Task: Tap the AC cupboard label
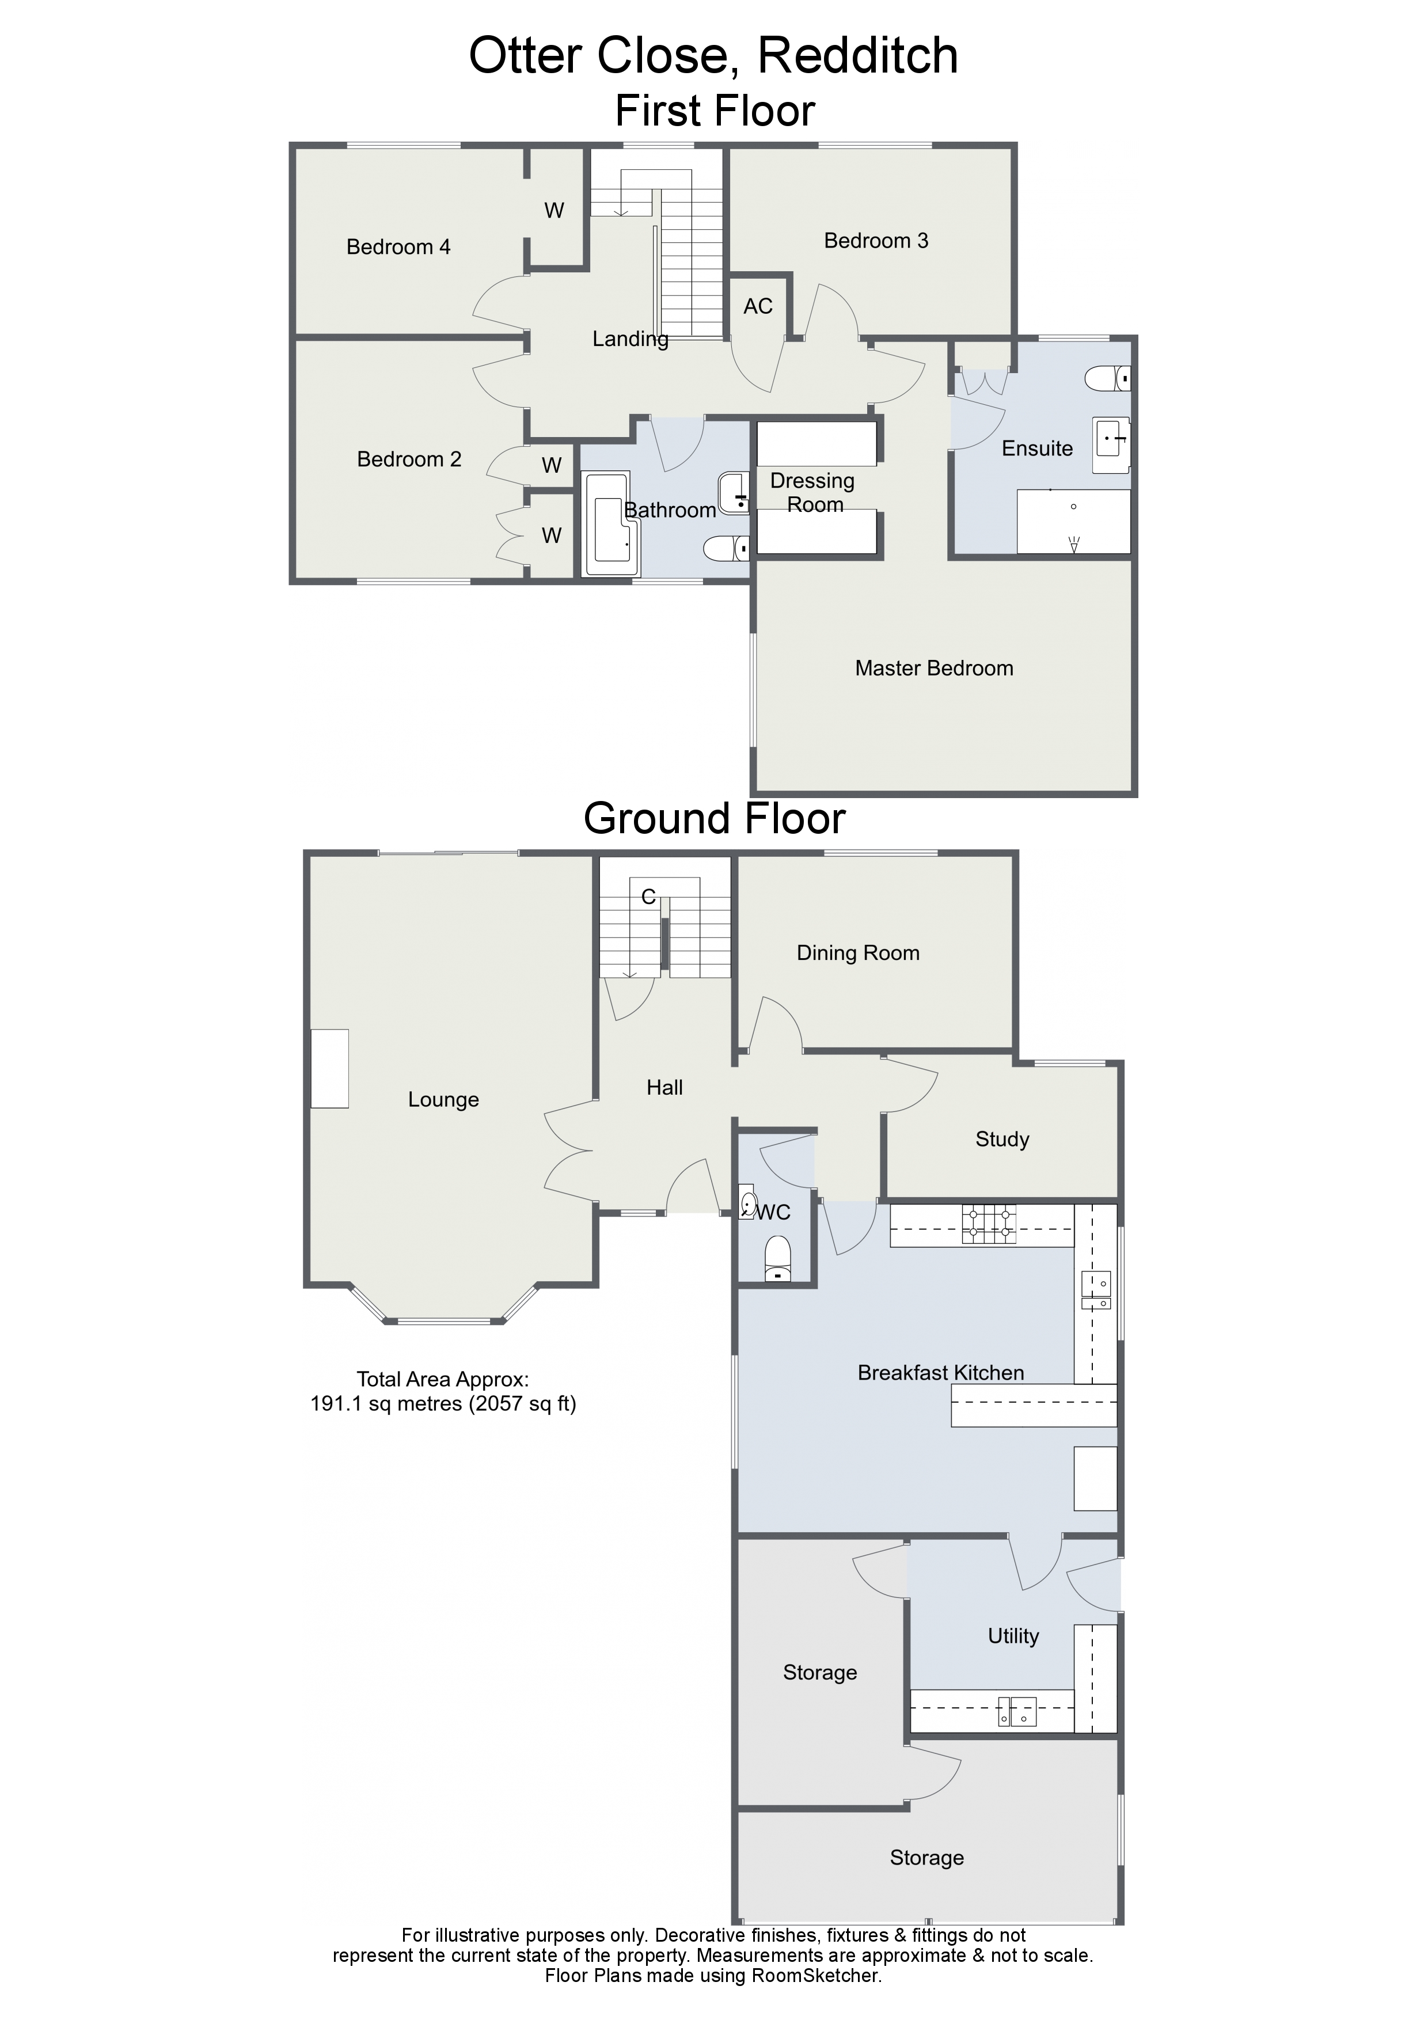pyautogui.click(x=758, y=306)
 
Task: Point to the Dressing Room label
pyautogui.click(x=813, y=493)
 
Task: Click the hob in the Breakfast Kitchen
pyautogui.click(x=989, y=1224)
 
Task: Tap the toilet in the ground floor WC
pyautogui.click(x=778, y=1260)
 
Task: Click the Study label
pyautogui.click(x=1002, y=1140)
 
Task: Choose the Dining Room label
pyautogui.click(x=858, y=953)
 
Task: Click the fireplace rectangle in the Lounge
pyautogui.click(x=330, y=1068)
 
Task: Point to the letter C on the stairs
pyautogui.click(x=648, y=897)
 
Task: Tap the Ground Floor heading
pyautogui.click(x=715, y=818)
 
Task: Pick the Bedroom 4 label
pyautogui.click(x=398, y=247)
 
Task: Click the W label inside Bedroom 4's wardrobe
pyautogui.click(x=555, y=210)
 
